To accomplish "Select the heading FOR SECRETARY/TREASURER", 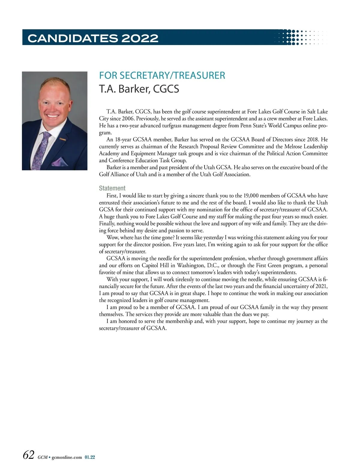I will [162, 75].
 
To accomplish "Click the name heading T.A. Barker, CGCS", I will [139, 89].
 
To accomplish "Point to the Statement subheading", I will [112, 188].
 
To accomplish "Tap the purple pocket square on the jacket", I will [59, 162].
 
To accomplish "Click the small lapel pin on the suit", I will [62, 139].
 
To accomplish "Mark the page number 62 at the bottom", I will [29, 455].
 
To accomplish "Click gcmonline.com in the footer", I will [67, 457].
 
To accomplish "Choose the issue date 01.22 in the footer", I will [90, 457].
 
